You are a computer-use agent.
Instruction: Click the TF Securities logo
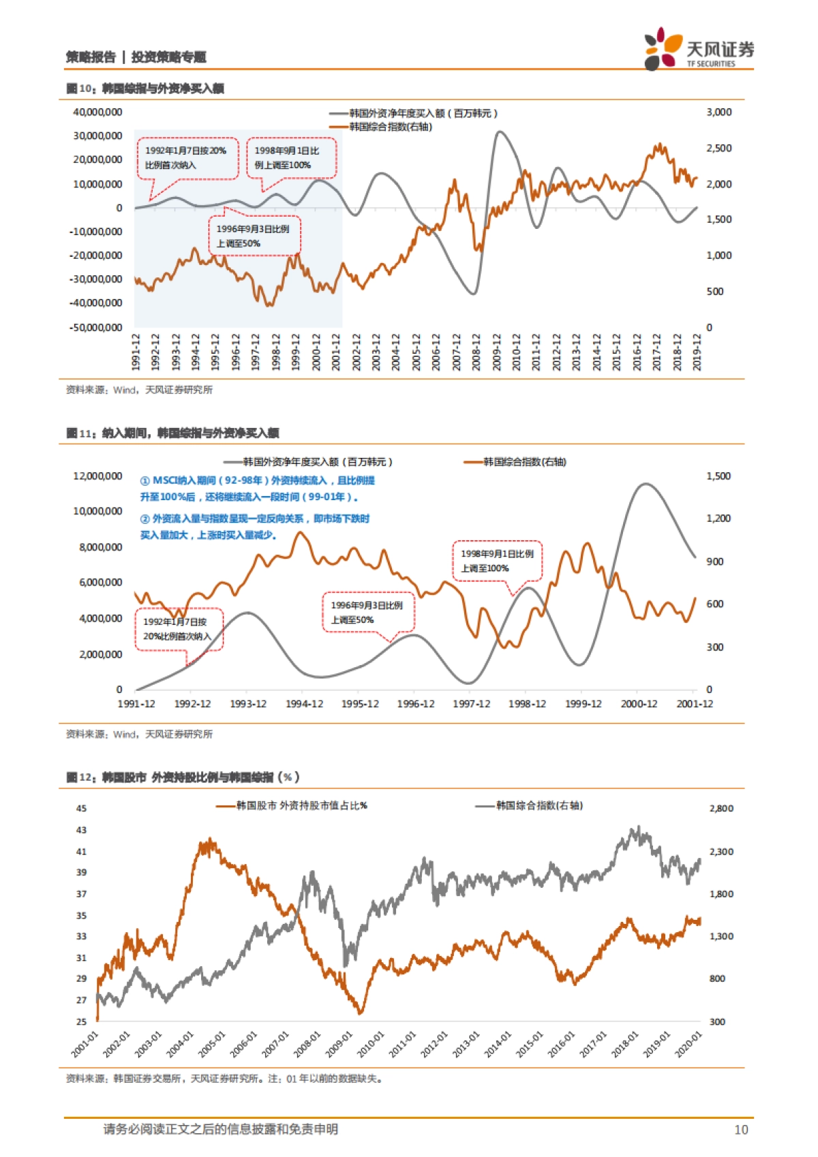(x=699, y=48)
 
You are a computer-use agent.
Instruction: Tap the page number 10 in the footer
(x=740, y=1130)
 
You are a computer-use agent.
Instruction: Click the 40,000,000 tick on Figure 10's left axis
(x=97, y=112)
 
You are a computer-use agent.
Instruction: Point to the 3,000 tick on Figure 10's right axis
(x=718, y=112)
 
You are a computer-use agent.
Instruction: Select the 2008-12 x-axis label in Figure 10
(x=476, y=352)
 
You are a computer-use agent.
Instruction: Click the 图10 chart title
(x=145, y=89)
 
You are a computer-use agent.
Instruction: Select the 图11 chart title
(x=172, y=433)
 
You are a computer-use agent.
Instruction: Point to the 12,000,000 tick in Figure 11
(x=97, y=476)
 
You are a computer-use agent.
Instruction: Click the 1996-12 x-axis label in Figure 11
(x=416, y=704)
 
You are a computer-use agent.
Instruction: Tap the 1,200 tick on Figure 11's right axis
(x=718, y=519)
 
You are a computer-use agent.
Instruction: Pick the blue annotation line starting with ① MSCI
(x=257, y=480)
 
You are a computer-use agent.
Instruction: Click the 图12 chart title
(x=183, y=777)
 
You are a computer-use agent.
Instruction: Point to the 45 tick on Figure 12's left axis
(x=81, y=808)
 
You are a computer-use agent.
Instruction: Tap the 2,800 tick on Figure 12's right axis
(x=721, y=808)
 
